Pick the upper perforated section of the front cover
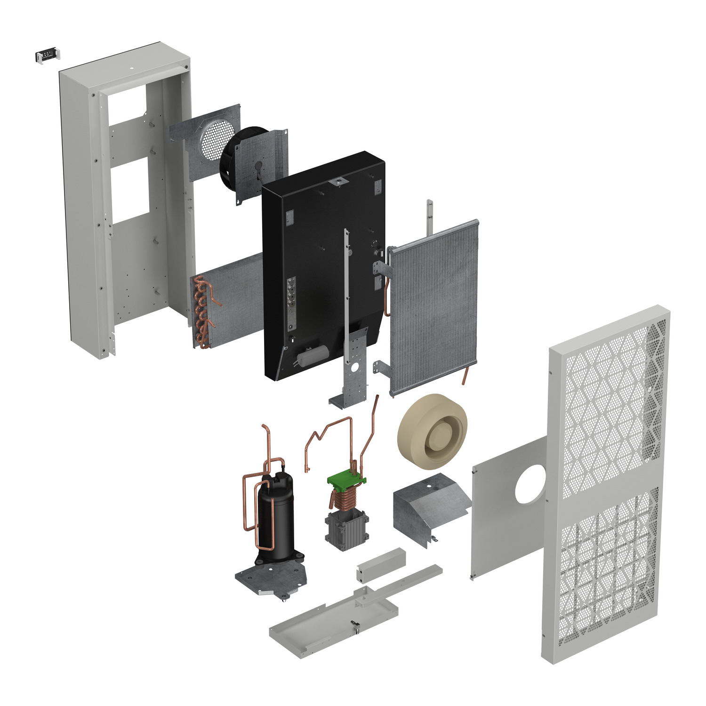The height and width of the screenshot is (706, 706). pyautogui.click(x=612, y=409)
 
